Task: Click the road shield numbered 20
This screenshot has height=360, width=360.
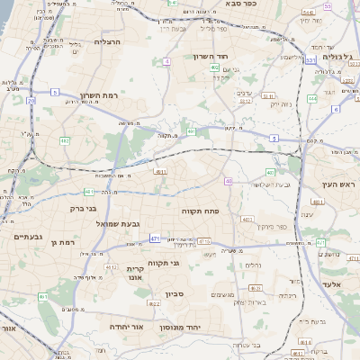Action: coord(31,101)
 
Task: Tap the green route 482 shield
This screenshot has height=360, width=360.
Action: coord(65,140)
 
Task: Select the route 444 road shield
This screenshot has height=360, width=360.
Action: coord(312,98)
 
